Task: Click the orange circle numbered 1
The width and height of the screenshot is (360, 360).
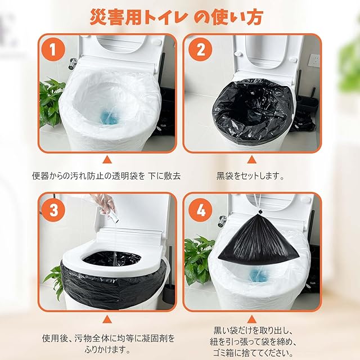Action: tap(53, 49)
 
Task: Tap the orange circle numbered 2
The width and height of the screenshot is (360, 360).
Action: tap(200, 49)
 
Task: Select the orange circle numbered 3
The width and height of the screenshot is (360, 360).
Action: tap(53, 210)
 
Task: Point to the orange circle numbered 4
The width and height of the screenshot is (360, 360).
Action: tap(200, 210)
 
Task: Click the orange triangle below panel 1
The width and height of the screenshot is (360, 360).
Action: tap(107, 160)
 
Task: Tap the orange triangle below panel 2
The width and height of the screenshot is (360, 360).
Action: tap(251, 160)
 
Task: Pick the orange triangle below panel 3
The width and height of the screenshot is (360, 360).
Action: tap(107, 319)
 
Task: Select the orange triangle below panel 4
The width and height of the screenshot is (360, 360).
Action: tap(251, 319)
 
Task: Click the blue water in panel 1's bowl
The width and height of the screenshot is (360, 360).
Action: tap(109, 117)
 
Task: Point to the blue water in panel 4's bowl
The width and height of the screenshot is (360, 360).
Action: tap(259, 275)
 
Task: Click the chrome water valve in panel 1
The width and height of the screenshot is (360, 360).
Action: tap(73, 64)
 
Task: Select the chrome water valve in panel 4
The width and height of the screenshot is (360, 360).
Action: tap(223, 222)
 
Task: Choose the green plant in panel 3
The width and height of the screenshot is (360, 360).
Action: tap(54, 281)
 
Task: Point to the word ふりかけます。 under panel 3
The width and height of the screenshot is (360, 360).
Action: tap(107, 350)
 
